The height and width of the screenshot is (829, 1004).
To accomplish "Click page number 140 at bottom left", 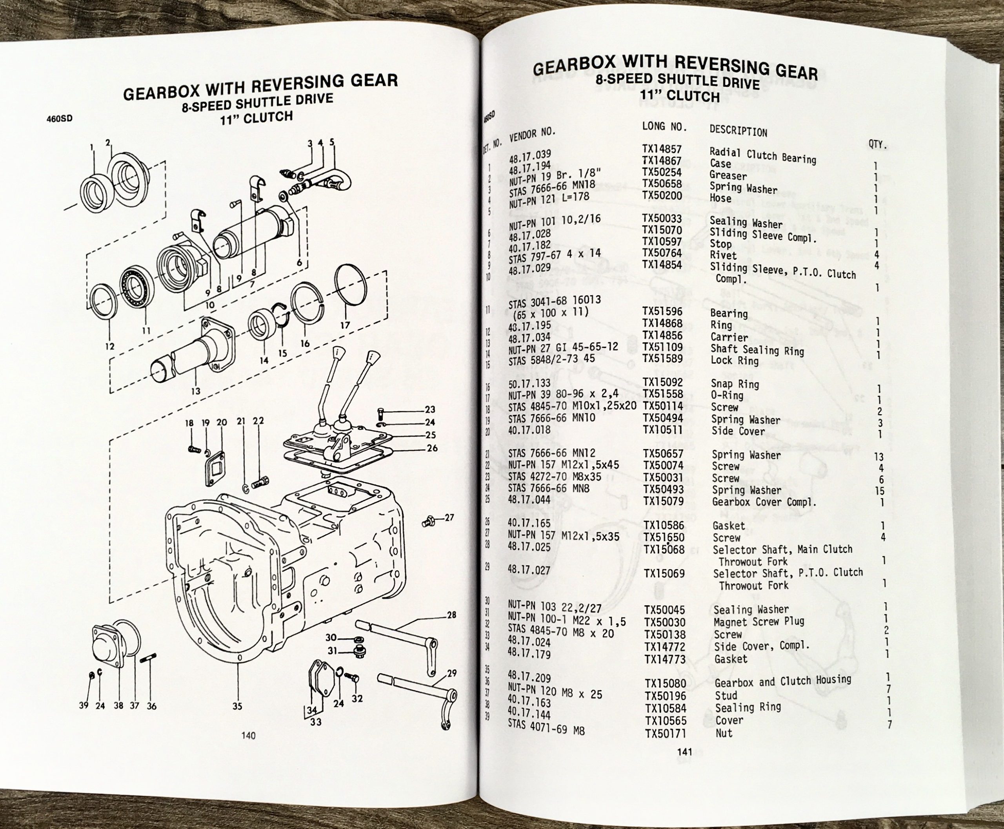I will [248, 736].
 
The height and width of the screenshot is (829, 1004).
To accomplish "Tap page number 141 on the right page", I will [684, 752].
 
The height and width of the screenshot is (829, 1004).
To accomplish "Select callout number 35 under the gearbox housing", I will [237, 706].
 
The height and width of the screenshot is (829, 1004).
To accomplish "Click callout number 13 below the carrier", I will [195, 391].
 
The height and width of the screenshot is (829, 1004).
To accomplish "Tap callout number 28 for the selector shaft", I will [451, 615].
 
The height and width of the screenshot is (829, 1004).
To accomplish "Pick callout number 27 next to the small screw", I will [449, 517].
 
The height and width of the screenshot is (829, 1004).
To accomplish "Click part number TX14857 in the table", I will [662, 150].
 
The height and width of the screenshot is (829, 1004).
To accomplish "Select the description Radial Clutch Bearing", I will [762, 156].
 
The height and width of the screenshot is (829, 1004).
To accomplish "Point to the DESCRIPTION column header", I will [738, 131].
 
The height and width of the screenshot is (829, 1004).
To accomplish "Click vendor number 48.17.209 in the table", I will [529, 677].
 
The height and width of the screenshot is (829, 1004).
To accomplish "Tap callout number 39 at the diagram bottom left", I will [84, 705].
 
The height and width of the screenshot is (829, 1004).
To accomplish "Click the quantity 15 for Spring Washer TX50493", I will [880, 491].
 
